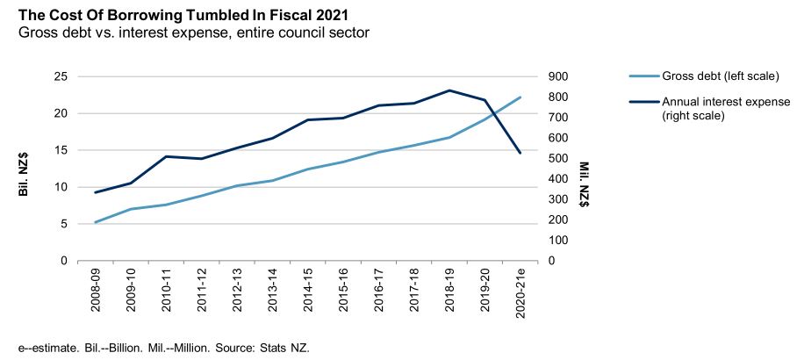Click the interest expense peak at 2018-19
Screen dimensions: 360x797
(449, 90)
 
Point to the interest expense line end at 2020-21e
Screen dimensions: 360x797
(521, 153)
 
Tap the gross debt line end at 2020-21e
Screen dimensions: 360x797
(521, 97)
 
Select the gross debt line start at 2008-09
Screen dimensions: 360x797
(95, 222)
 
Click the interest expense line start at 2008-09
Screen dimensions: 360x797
(95, 192)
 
